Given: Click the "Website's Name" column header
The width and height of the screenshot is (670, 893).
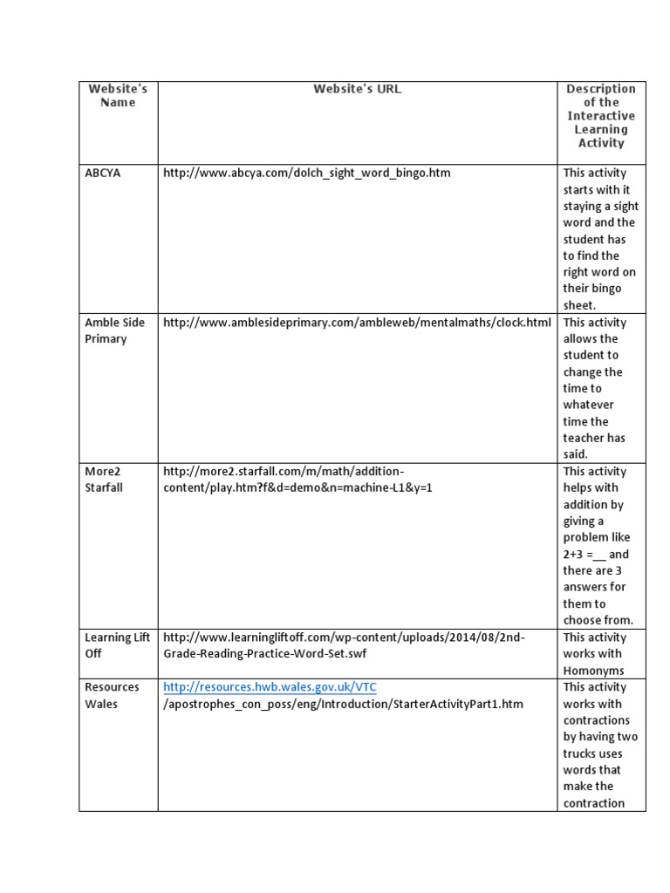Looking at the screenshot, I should (118, 95).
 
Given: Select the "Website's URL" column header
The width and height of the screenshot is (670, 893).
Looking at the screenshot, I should (357, 89).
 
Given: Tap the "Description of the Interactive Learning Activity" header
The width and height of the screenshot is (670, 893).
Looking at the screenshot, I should (601, 116).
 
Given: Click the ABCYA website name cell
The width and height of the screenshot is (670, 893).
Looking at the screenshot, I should (103, 173).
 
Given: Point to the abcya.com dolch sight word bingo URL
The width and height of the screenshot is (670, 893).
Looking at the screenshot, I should (306, 173).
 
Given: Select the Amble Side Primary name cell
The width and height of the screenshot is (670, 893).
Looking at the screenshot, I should (114, 331).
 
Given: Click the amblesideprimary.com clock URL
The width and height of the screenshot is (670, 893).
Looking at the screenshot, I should (357, 323).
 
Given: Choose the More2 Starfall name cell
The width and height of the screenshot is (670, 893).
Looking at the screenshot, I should (104, 479).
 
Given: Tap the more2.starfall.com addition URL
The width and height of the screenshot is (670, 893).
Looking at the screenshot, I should (297, 479).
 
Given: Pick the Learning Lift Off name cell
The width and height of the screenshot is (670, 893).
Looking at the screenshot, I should (118, 645).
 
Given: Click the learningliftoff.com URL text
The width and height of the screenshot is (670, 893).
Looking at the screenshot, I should (344, 645).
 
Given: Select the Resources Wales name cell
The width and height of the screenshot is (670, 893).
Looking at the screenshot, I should (112, 695).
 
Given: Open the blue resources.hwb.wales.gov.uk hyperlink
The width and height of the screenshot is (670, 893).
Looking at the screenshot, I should (270, 687).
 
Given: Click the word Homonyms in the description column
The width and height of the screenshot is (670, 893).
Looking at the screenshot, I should (593, 671).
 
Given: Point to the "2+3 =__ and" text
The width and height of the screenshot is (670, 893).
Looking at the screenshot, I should (596, 554).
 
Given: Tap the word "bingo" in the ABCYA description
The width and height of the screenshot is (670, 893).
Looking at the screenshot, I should (602, 289).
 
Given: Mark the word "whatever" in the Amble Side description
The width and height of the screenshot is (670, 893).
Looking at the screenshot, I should (588, 405).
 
